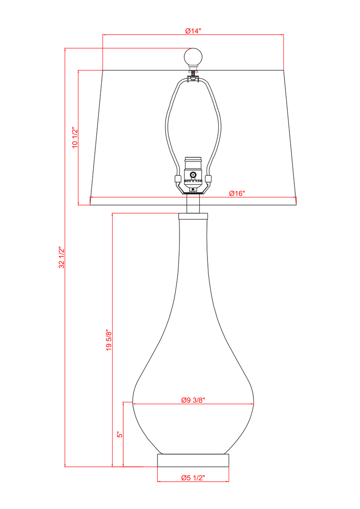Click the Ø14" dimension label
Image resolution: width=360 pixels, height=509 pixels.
point(193,31)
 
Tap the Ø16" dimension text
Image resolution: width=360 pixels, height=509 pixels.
point(237,193)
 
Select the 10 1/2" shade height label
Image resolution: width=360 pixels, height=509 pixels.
point(75,138)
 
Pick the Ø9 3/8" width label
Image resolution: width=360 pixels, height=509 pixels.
point(193,400)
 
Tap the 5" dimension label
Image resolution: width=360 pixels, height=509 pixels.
point(119,435)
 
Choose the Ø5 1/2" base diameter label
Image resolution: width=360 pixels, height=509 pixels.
point(193,478)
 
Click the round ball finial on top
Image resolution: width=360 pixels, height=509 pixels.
point(193,57)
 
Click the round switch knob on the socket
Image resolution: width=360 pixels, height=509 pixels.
point(193,175)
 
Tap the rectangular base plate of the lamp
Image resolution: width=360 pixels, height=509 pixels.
point(193,460)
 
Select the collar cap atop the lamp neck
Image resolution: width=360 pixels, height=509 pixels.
point(193,216)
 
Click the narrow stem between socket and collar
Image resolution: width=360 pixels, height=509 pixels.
point(193,203)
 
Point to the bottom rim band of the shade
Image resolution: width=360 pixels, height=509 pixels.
point(193,201)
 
